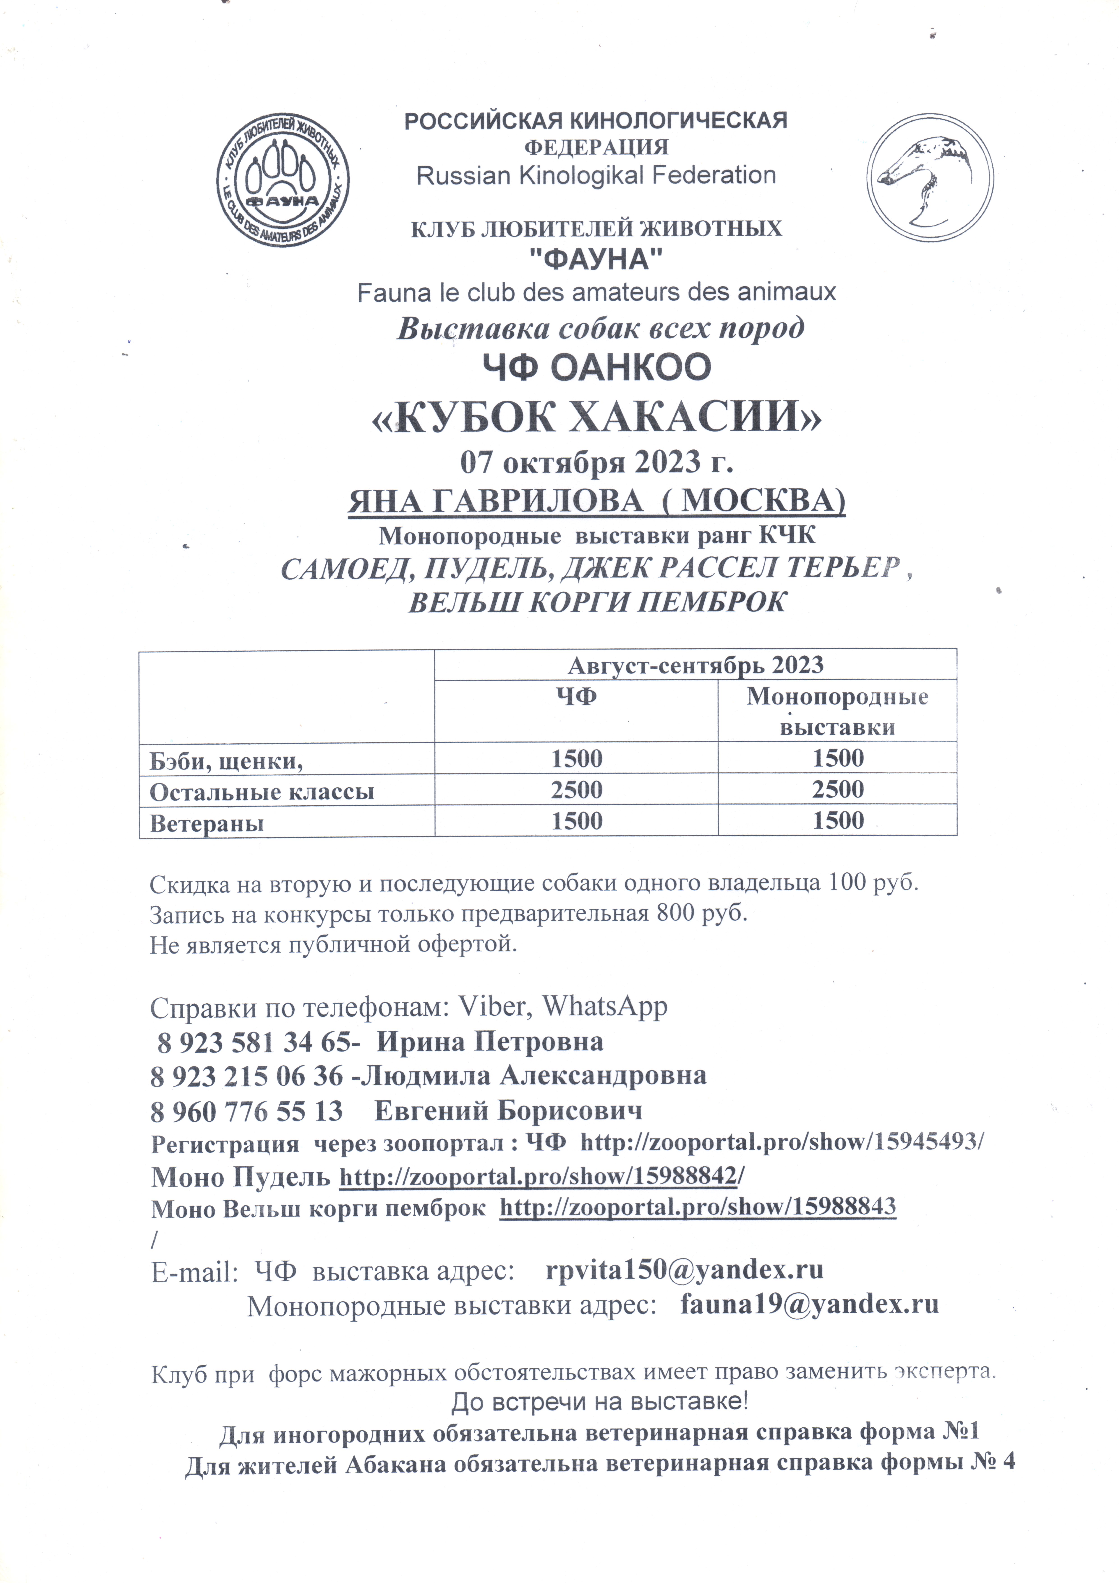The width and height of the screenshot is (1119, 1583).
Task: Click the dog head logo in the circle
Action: (929, 178)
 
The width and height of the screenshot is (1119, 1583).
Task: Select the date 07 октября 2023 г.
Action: (596, 462)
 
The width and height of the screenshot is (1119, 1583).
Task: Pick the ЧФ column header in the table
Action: (576, 697)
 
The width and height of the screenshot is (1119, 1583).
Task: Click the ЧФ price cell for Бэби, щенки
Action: (576, 758)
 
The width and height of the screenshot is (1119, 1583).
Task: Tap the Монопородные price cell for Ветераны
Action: (838, 820)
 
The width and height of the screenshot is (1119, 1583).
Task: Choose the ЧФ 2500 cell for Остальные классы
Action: (576, 789)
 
